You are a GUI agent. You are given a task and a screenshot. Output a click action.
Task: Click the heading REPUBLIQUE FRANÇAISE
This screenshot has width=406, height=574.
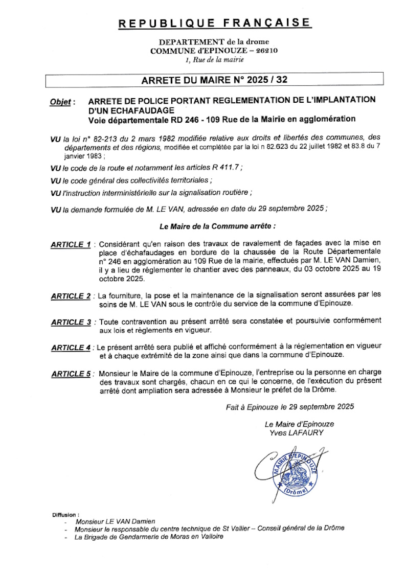214,23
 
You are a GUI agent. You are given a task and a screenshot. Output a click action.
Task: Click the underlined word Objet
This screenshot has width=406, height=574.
60,102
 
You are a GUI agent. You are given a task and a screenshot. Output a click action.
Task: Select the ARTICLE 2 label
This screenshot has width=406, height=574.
71,296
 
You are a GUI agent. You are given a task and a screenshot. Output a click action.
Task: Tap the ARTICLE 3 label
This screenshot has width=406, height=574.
71,322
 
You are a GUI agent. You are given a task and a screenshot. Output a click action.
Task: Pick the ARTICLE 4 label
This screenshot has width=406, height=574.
71,348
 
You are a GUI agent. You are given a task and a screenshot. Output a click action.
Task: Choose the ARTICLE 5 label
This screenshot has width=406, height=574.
71,374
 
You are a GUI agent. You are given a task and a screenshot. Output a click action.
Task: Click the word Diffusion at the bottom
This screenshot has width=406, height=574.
65,513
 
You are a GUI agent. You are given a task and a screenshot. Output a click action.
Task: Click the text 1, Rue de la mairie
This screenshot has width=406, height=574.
214,60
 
